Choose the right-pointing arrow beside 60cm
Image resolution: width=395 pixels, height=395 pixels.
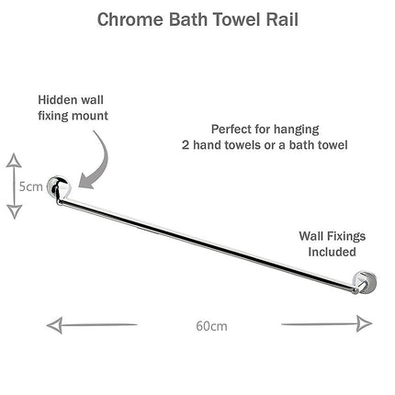coord(327,324)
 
